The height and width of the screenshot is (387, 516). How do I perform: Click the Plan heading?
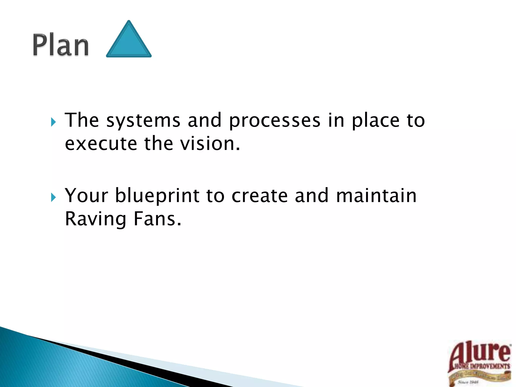(61, 45)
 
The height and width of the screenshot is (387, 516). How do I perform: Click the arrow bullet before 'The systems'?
(53, 122)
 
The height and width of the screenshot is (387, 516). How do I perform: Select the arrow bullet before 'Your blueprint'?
(53, 197)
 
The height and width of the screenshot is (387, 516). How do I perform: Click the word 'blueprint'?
(157, 196)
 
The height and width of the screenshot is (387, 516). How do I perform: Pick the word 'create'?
(260, 196)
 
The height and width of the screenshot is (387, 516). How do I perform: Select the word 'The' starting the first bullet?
(82, 120)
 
